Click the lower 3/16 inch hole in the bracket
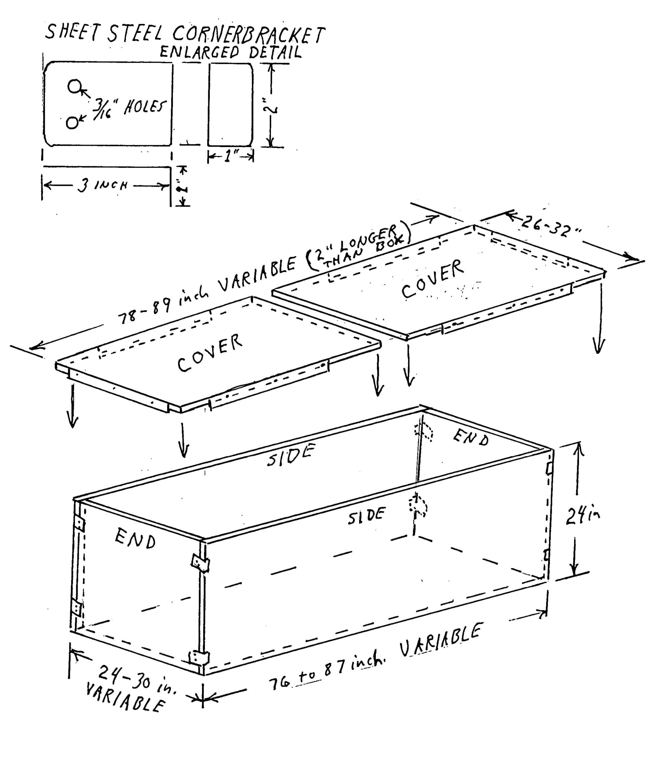coord(72,122)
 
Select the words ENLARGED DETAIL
coord(231,53)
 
